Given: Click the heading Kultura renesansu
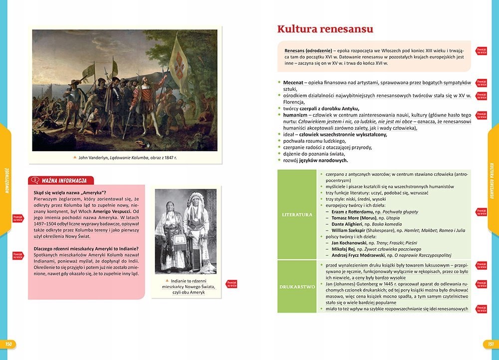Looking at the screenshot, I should [x=325, y=29].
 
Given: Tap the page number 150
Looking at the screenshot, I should [x=8, y=344].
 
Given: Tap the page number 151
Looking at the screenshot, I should [x=491, y=344].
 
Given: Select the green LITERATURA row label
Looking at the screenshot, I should [x=297, y=215].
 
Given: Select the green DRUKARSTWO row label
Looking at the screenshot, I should [x=297, y=287].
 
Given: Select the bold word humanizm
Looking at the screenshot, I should [x=295, y=115].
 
